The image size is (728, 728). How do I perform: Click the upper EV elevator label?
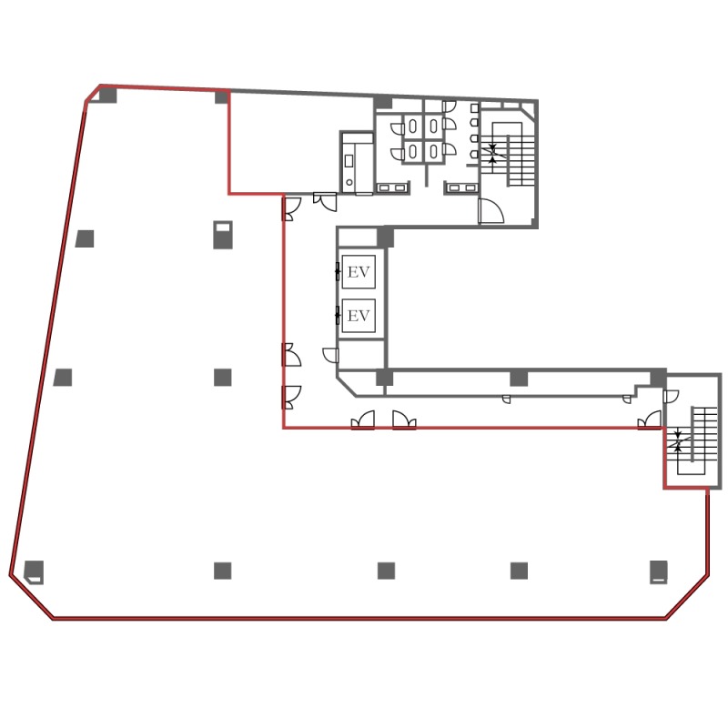coord(359,272)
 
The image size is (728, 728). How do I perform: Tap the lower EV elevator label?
coord(359,316)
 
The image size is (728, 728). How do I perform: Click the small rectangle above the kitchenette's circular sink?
coord(349,161)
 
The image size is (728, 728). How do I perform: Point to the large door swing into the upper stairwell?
coord(491,210)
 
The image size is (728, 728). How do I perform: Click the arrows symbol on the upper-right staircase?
coord(492,153)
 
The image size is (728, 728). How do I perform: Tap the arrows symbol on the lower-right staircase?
coord(677,441)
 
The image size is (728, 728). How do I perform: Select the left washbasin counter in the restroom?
coord(393,187)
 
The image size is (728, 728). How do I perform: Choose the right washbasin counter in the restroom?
coord(463,187)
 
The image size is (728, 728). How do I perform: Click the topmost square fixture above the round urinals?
coord(474,108)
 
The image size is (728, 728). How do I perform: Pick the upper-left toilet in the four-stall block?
coord(413,126)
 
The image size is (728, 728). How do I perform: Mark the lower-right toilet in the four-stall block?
coord(434,151)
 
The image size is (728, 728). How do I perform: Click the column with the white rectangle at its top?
coord(223,235)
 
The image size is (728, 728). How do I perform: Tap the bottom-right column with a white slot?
coord(658,572)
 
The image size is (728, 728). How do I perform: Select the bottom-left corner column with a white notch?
coord(34,572)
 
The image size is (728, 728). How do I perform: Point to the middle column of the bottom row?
coord(386,571)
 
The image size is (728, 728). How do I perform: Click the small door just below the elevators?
coord(330,355)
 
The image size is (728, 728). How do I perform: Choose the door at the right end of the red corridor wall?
coord(650,420)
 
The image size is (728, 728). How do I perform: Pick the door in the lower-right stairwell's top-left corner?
coord(671,396)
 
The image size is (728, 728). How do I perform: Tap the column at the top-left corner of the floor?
coord(107,96)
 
